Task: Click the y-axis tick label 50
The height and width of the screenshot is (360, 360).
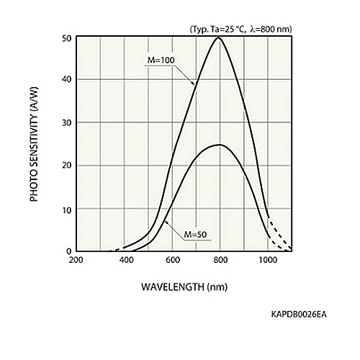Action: pyautogui.click(x=67, y=39)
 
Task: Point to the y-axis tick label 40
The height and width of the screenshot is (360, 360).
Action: pyautogui.click(x=67, y=79)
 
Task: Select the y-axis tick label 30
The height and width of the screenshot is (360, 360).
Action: pyautogui.click(x=67, y=122)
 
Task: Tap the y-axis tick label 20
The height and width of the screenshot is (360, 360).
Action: pyautogui.click(x=67, y=166)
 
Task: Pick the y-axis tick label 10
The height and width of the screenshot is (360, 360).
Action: pyautogui.click(x=67, y=210)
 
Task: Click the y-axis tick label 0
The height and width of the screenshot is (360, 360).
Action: pyautogui.click(x=69, y=251)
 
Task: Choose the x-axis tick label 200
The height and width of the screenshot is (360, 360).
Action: pyautogui.click(x=76, y=260)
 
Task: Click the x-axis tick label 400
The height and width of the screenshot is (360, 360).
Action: pyautogui.click(x=127, y=260)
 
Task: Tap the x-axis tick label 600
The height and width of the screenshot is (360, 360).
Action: pyautogui.click(x=173, y=260)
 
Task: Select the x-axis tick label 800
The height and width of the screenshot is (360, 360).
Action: pyautogui.click(x=220, y=260)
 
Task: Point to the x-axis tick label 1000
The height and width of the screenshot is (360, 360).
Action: pyautogui.click(x=268, y=260)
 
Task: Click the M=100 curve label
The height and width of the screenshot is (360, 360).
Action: pyautogui.click(x=161, y=60)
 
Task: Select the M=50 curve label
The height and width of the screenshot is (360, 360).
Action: pyautogui.click(x=195, y=235)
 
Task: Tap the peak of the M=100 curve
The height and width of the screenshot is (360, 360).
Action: pyautogui.click(x=218, y=37)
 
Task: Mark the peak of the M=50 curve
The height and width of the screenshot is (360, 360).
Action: pyautogui.click(x=219, y=145)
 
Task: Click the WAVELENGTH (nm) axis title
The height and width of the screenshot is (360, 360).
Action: pyautogui.click(x=184, y=287)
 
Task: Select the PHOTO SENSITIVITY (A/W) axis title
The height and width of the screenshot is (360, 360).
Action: pyautogui.click(x=34, y=144)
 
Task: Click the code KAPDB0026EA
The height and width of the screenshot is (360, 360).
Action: pyautogui.click(x=299, y=315)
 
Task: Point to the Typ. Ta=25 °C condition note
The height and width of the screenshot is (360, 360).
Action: pyautogui.click(x=241, y=30)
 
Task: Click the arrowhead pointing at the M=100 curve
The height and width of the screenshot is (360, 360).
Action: pyautogui.click(x=193, y=83)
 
